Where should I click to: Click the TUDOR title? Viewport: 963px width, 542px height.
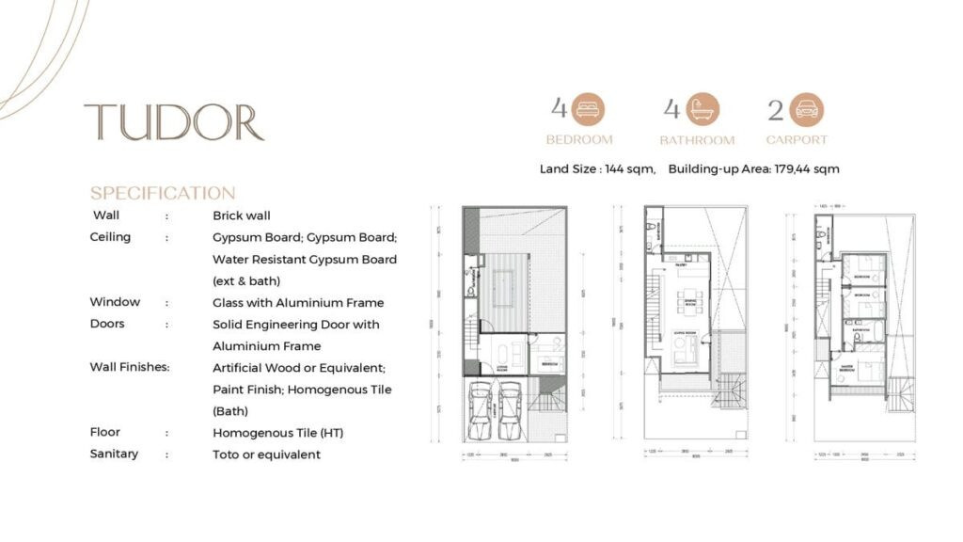174,122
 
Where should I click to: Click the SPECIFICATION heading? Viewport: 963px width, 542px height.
163,194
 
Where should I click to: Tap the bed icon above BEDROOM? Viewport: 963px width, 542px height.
589,110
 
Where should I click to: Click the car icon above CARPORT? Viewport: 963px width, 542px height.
807,110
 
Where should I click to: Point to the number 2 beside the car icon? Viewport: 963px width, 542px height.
776,111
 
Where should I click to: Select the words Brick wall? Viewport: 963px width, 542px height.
242,215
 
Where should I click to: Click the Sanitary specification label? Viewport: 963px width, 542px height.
114,454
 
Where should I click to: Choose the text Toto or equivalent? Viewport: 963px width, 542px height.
266,454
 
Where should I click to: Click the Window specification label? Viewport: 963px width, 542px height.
115,302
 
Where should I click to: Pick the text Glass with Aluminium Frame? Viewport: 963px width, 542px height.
298,303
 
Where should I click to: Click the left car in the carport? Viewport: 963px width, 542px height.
481,406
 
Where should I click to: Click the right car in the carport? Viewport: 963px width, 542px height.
510,406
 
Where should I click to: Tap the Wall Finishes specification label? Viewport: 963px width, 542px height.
130,367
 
